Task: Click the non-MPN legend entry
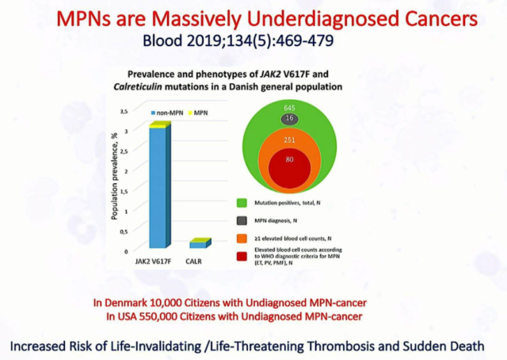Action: (178, 113)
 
